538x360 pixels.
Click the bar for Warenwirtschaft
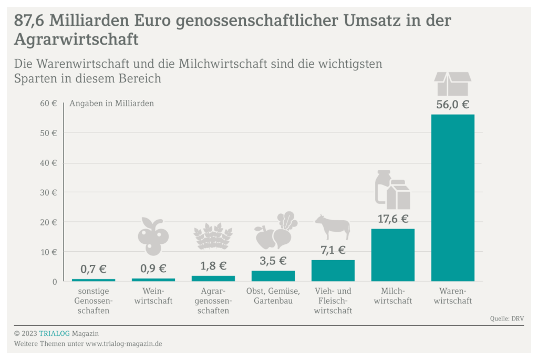(x=452, y=198)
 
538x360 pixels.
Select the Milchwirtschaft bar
(x=392, y=255)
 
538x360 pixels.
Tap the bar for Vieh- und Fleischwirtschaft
(x=333, y=271)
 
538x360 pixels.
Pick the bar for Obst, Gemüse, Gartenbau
(x=273, y=276)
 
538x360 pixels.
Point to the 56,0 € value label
(x=452, y=104)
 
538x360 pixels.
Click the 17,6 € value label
(x=392, y=219)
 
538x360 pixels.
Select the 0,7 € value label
(x=94, y=270)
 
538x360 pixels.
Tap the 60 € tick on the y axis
(x=48, y=104)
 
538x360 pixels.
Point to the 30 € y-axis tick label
(x=48, y=193)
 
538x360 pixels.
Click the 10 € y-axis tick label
(x=48, y=252)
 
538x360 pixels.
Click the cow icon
(x=333, y=227)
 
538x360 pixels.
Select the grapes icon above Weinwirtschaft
(x=153, y=235)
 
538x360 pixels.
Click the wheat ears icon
(x=213, y=236)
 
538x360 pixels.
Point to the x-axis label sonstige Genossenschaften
(x=94, y=301)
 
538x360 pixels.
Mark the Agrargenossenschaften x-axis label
(x=213, y=301)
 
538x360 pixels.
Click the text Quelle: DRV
(x=506, y=318)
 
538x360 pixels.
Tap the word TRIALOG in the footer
(x=54, y=333)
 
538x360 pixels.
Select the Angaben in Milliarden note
(x=111, y=104)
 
